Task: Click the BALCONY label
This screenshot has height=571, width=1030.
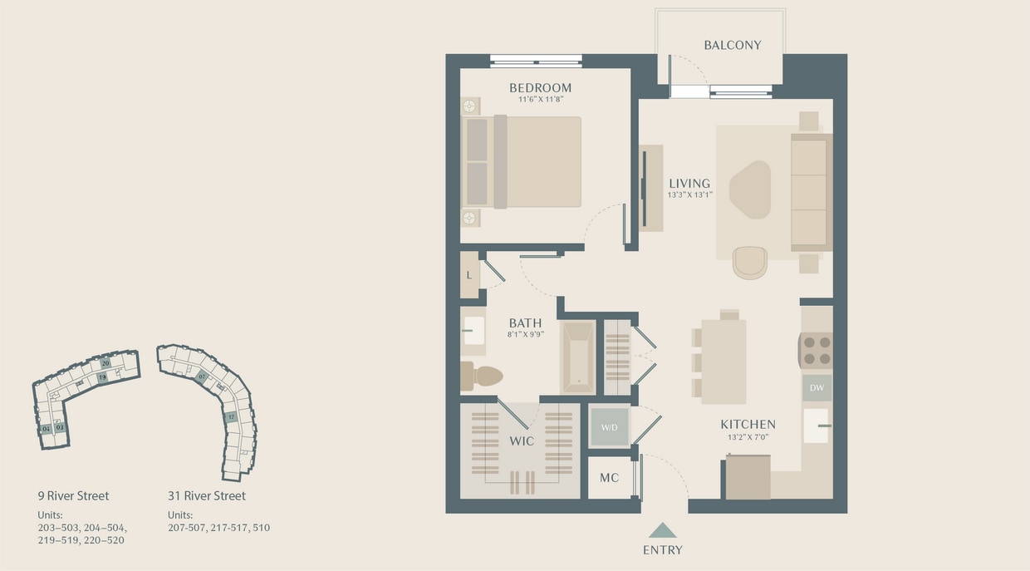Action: point(732,45)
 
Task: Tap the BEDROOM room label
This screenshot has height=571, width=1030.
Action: point(540,88)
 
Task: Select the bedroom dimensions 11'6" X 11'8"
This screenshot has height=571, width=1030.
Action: point(540,100)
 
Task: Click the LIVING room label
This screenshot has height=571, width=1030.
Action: point(689,184)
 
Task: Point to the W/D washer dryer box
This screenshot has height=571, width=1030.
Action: point(610,427)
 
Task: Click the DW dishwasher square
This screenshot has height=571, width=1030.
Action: point(816,388)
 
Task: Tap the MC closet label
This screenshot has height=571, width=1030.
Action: point(609,479)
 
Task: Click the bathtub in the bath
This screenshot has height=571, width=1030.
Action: point(578,357)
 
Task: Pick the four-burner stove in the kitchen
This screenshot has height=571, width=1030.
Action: point(816,350)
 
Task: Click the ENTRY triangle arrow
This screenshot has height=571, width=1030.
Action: point(662,530)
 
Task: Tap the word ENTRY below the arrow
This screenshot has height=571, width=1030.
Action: point(662,550)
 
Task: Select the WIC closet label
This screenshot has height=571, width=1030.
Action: point(522,441)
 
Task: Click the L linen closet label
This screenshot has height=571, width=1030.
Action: point(469,275)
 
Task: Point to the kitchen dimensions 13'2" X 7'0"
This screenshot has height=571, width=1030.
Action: point(748,436)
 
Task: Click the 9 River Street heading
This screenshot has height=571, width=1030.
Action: point(73,496)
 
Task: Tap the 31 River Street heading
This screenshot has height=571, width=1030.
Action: point(207,496)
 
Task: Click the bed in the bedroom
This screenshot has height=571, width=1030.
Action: point(532,161)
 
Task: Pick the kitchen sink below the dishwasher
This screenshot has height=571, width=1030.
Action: point(816,425)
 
